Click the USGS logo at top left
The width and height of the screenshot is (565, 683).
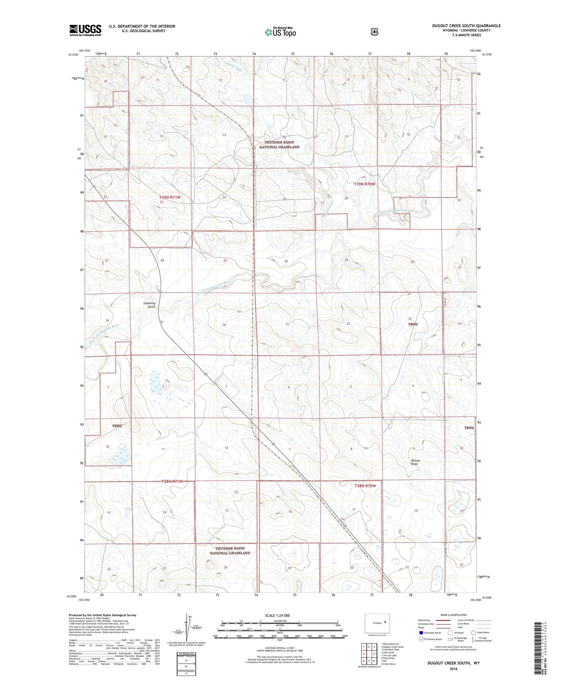[x=85, y=30]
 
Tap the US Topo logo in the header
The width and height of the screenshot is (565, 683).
[x=280, y=32]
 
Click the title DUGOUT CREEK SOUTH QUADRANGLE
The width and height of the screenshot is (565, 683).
[x=466, y=26]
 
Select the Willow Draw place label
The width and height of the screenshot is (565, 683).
[x=415, y=462]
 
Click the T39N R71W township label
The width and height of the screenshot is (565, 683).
[x=170, y=198]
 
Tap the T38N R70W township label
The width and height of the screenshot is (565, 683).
[x=365, y=486]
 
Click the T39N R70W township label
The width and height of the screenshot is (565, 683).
[x=364, y=184]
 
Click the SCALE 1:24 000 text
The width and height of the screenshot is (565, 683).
[x=277, y=615]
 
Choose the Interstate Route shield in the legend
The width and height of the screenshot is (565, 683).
[x=421, y=633]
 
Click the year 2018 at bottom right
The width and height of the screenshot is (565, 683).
[x=453, y=669]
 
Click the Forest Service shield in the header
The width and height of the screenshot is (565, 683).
[x=374, y=32]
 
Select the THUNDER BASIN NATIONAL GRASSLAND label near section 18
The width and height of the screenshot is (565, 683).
[x=279, y=145]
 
